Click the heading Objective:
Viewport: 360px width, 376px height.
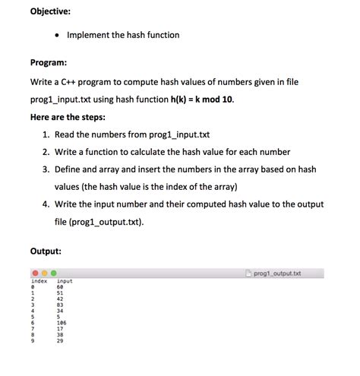point(50,11)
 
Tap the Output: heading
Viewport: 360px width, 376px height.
point(46,251)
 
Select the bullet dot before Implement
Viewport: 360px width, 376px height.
point(58,36)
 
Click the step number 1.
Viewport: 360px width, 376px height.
point(46,134)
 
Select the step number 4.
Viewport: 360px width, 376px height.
point(46,204)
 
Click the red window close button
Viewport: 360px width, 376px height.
point(35,273)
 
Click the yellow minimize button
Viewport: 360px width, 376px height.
point(44,273)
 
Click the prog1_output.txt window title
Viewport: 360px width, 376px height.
point(277,273)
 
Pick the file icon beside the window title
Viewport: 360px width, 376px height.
point(248,273)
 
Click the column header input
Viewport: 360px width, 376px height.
point(65,281)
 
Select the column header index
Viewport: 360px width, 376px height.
point(39,281)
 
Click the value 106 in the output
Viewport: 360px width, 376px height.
point(62,322)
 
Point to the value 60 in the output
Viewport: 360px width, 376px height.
point(61,287)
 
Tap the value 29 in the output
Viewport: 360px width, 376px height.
point(61,340)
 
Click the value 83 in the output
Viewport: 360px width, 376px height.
point(61,305)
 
